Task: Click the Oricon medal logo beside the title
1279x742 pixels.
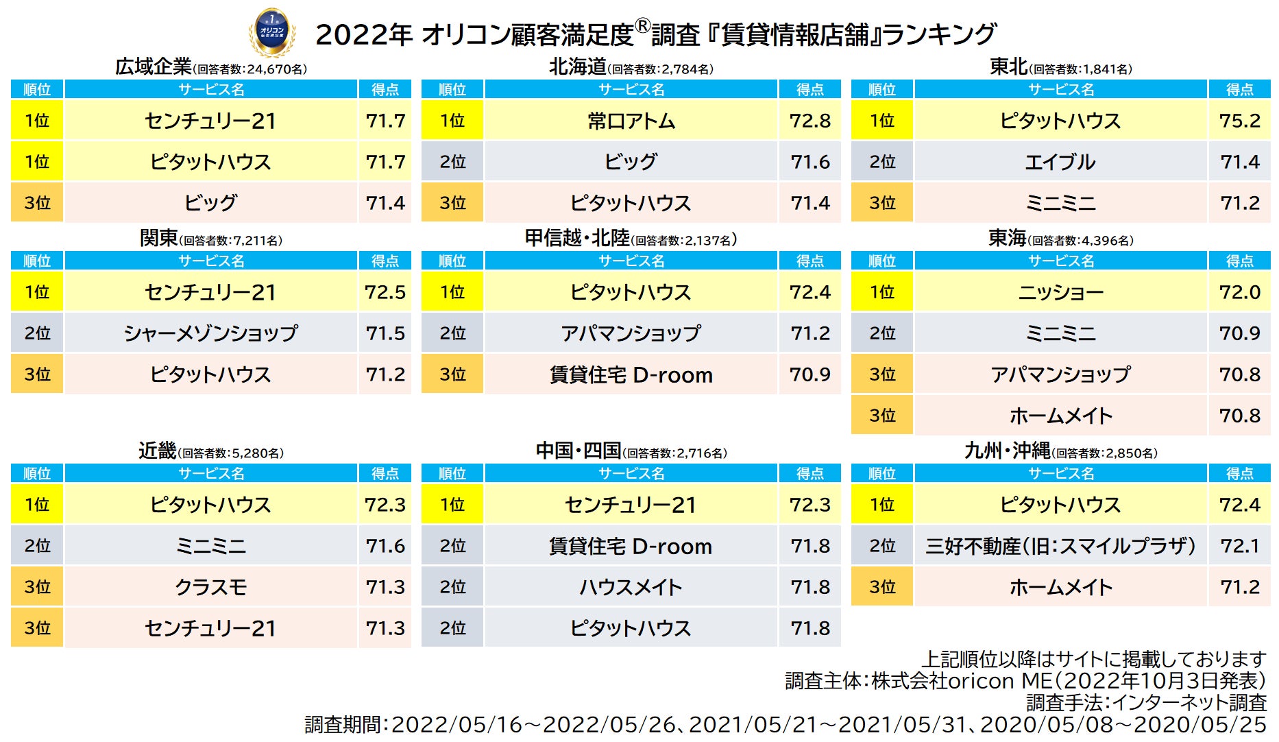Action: [x=272, y=32]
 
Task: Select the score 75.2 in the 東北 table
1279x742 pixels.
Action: [x=1239, y=121]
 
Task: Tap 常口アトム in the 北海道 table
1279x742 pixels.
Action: [x=631, y=121]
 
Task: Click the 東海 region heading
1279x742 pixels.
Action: [x=1007, y=238]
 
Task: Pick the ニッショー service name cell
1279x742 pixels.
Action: [x=1060, y=292]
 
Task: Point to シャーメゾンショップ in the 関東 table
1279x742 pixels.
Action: [x=210, y=333]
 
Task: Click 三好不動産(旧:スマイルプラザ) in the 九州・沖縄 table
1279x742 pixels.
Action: [x=1060, y=546]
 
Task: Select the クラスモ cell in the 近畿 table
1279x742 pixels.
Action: [x=210, y=587]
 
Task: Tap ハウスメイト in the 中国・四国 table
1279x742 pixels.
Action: [x=631, y=587]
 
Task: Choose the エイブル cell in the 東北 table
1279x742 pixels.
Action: [x=1060, y=162]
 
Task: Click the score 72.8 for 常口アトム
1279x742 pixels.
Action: [x=809, y=121]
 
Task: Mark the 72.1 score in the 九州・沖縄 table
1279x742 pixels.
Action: [x=1239, y=546]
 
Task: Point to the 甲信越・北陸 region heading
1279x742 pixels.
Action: [x=577, y=238]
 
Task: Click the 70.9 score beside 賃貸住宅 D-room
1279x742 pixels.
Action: [x=809, y=374]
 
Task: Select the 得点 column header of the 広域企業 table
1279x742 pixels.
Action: [x=385, y=89]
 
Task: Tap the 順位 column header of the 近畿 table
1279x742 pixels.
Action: [x=37, y=473]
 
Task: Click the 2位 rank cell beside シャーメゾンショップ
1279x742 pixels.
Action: [x=37, y=333]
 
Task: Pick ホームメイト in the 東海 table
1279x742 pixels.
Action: [x=1060, y=416]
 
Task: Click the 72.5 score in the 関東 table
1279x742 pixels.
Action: [x=385, y=292]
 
